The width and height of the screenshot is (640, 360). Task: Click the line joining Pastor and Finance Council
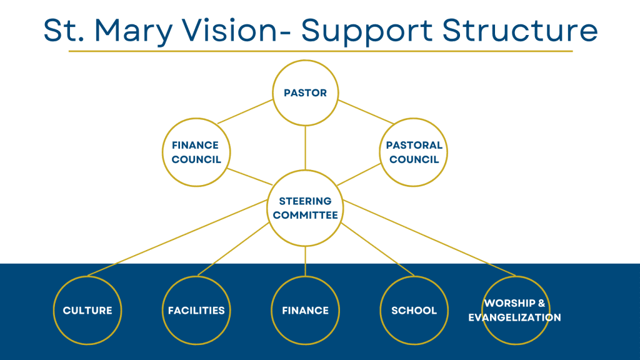click(x=245, y=111)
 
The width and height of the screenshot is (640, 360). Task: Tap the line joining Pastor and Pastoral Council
click(x=366, y=112)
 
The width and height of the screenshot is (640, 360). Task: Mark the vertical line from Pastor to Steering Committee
click(x=305, y=147)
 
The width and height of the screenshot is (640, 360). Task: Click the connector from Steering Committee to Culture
click(x=177, y=238)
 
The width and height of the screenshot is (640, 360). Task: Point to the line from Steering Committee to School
click(x=377, y=250)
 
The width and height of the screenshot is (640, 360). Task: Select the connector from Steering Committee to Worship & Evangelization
click(x=429, y=238)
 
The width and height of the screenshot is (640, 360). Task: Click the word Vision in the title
click(x=229, y=30)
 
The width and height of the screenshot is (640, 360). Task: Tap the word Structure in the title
click(x=520, y=30)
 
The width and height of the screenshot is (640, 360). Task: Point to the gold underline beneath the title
click(x=321, y=51)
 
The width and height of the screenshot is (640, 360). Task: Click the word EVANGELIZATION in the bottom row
click(x=515, y=317)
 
